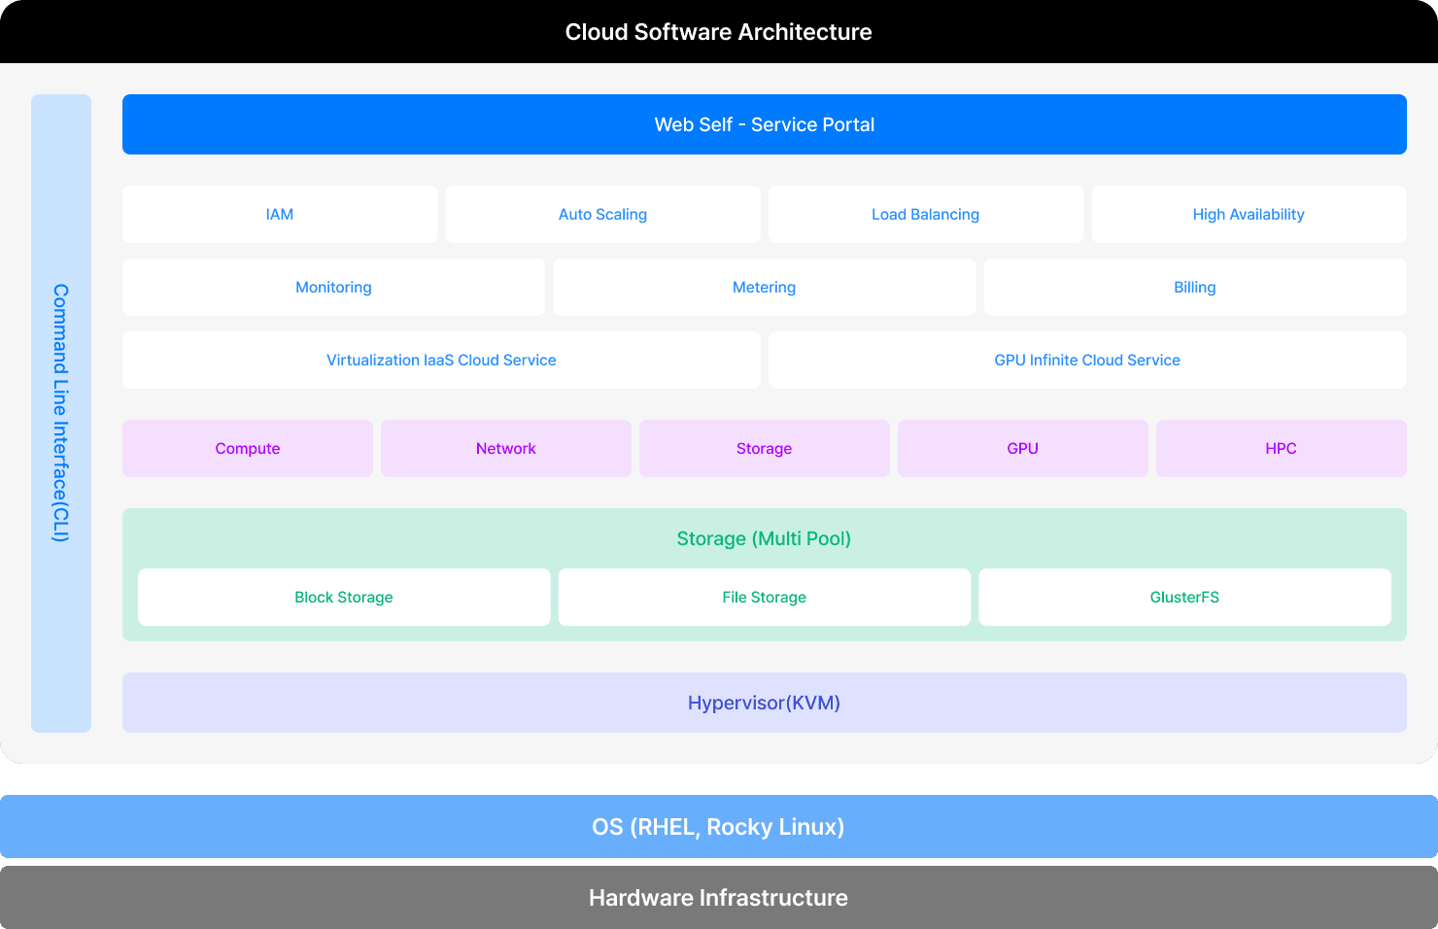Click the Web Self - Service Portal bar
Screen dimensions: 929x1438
click(765, 124)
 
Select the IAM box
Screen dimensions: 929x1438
click(280, 214)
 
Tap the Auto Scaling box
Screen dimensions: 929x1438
click(602, 214)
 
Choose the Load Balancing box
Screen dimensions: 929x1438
click(925, 214)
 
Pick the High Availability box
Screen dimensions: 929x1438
click(1249, 214)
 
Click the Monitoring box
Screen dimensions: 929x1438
click(333, 287)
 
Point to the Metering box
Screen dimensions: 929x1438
click(764, 287)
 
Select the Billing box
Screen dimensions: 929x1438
click(1194, 287)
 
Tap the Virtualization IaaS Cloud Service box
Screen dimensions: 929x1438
click(441, 360)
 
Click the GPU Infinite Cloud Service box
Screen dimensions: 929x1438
click(1087, 360)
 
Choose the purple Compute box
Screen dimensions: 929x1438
click(248, 448)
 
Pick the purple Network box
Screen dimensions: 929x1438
click(506, 448)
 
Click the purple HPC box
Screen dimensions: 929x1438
click(1281, 448)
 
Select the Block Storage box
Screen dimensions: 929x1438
click(344, 597)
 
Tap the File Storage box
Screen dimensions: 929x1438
click(764, 597)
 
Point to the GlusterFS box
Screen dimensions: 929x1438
click(1184, 597)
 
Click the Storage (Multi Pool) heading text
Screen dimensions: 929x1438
click(764, 538)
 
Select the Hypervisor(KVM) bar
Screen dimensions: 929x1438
click(764, 703)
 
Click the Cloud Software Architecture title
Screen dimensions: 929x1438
click(719, 32)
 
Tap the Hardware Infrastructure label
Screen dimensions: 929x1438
click(719, 898)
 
